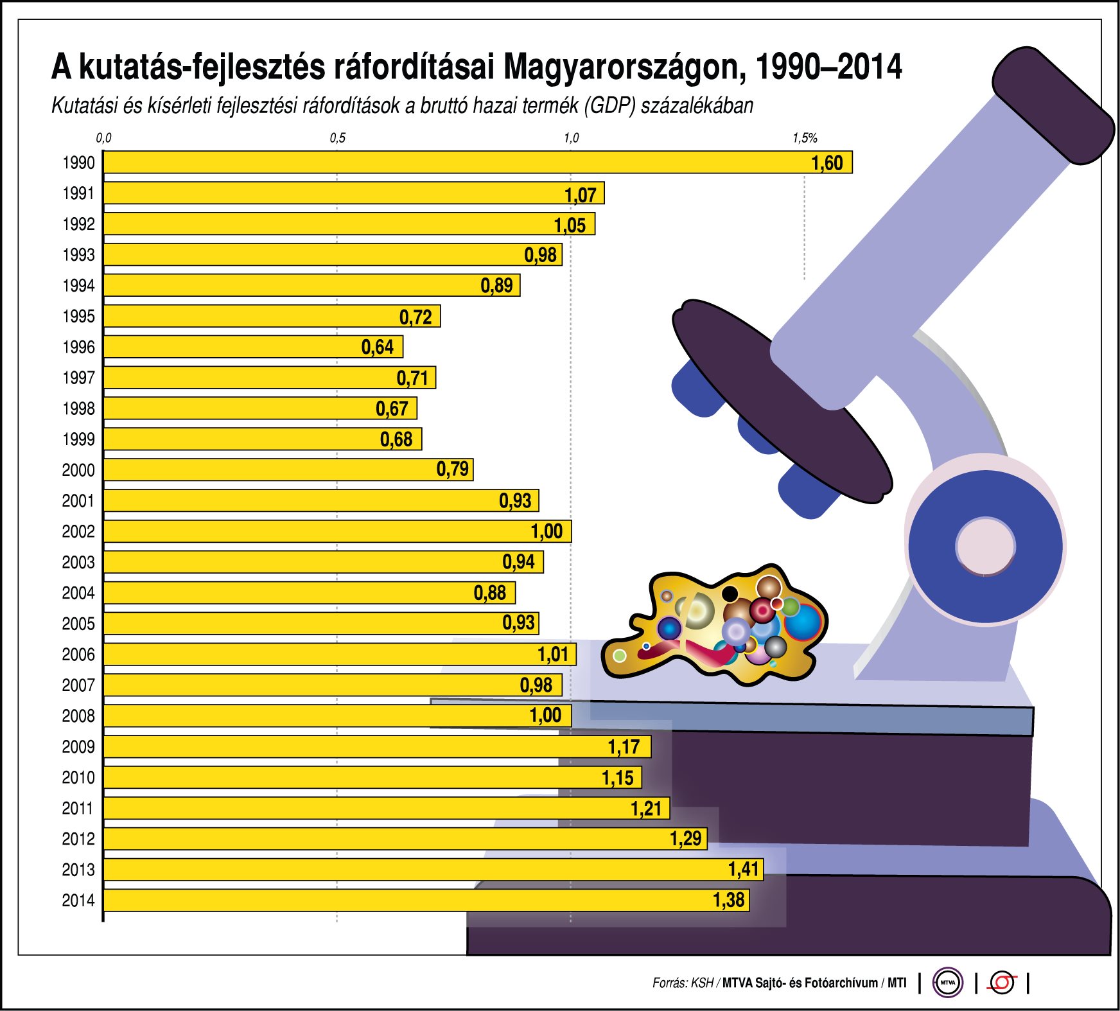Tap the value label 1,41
[x=744, y=870]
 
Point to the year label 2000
[x=78, y=470]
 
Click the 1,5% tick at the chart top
[x=805, y=138]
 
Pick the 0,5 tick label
[x=337, y=138]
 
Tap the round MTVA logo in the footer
[x=947, y=982]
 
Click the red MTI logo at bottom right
[x=1002, y=982]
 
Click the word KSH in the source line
[x=702, y=983]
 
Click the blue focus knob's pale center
[x=985, y=547]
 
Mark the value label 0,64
[x=378, y=347]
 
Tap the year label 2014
[x=78, y=901]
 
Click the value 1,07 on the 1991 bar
[x=581, y=195]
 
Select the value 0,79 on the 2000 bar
[x=453, y=470]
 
